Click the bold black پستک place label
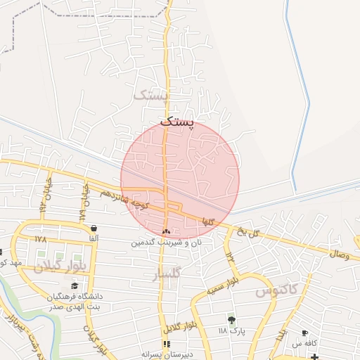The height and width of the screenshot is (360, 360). click(174, 122)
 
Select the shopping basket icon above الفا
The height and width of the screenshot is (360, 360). click(94, 228)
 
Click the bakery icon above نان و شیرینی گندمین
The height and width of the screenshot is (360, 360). click(167, 231)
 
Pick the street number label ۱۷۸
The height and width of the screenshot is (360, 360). click(40, 239)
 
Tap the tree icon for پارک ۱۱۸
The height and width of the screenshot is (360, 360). click(232, 320)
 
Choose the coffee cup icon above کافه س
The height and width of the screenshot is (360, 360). click(304, 333)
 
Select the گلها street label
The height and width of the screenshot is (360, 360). click(207, 221)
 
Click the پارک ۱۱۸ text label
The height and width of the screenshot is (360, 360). click(231, 330)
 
